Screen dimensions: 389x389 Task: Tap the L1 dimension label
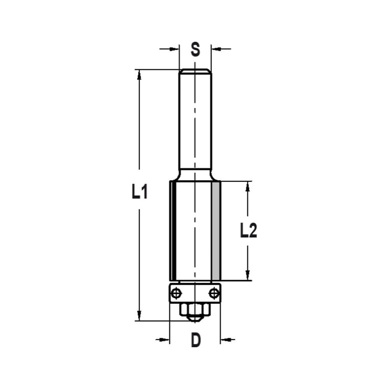pos(139,193)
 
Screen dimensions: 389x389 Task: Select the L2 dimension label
pos(248,231)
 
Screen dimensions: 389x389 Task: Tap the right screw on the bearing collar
pos(214,293)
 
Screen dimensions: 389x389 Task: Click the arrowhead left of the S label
pos(175,49)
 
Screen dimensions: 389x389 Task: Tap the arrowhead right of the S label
pos(215,49)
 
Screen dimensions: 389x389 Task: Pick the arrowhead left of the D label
pos(165,340)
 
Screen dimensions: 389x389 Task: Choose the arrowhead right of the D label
pos(225,340)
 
